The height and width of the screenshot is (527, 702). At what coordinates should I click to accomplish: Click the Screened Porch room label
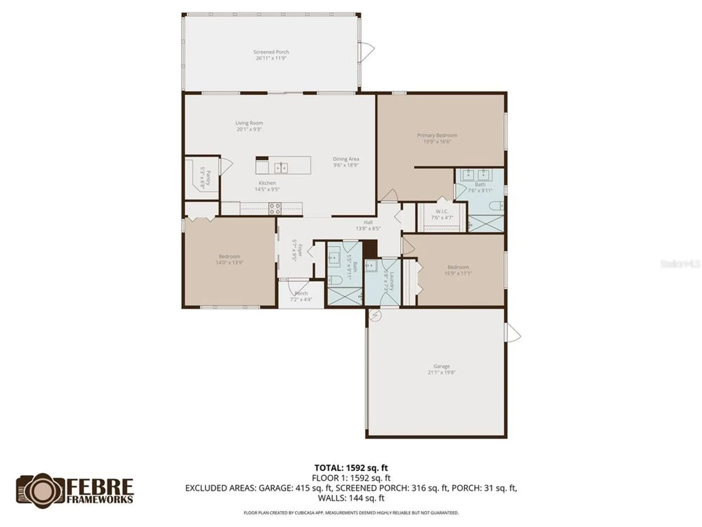tap(271, 52)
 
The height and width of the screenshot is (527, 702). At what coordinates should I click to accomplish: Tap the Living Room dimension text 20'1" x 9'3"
tap(249, 129)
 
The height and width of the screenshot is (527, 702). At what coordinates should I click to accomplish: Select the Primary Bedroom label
tap(437, 135)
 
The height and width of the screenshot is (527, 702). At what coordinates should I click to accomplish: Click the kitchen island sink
tap(281, 168)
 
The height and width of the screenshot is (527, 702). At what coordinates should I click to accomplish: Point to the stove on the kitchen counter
tap(274, 208)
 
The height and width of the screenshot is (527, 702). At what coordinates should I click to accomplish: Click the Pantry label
tap(208, 178)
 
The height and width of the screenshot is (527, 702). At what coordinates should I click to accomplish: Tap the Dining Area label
tap(346, 159)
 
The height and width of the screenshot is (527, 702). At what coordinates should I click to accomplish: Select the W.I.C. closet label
tap(442, 212)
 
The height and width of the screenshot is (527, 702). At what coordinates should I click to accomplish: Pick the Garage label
tap(441, 366)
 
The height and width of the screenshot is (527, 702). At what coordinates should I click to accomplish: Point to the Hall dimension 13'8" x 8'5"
tap(368, 228)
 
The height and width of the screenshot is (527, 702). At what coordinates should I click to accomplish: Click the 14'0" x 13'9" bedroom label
tap(230, 259)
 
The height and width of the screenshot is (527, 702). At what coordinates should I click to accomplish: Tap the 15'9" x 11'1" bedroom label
tap(458, 270)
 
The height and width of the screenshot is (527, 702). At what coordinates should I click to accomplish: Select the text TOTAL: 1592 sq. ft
tap(351, 468)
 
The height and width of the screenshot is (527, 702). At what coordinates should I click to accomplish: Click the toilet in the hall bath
tap(336, 280)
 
